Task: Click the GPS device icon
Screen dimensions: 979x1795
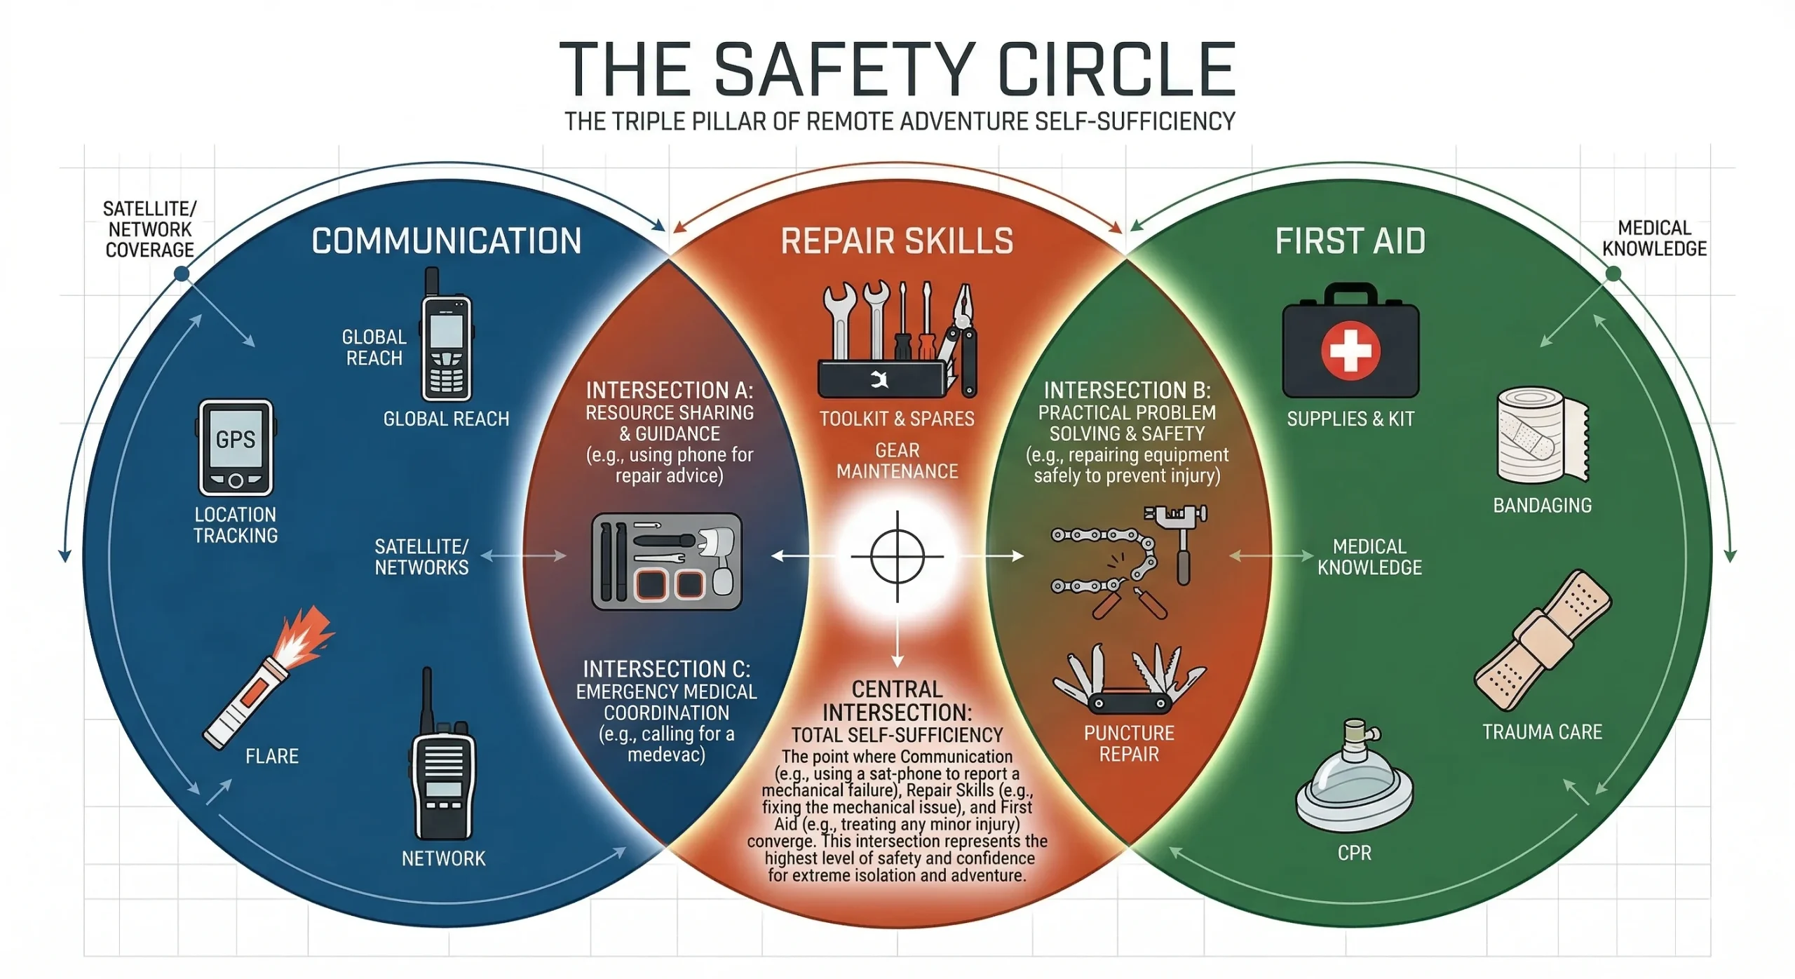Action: [x=236, y=447]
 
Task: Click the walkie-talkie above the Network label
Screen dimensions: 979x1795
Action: [x=442, y=764]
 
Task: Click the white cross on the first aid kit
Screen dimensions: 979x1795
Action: [x=1350, y=350]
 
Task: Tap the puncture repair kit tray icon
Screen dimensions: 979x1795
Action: [x=666, y=561]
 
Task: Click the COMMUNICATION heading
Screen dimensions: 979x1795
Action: [x=447, y=241]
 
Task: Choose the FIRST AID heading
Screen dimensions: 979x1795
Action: [x=1350, y=241]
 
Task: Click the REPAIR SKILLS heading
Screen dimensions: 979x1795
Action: [x=897, y=241]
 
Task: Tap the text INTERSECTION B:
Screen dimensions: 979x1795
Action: [x=1127, y=390]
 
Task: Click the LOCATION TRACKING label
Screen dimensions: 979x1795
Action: [x=236, y=525]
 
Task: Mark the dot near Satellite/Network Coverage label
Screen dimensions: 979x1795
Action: [x=182, y=274]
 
